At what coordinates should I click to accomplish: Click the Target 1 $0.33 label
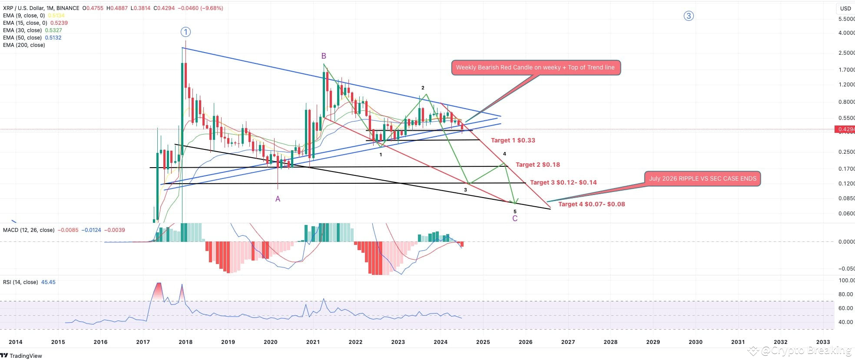point(513,140)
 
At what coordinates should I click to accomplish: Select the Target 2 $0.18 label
point(537,165)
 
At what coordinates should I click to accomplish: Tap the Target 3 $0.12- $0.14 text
point(563,182)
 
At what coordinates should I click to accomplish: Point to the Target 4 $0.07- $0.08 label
point(591,204)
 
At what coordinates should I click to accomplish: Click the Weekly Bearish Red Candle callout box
point(535,68)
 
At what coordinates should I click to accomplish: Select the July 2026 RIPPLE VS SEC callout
point(702,178)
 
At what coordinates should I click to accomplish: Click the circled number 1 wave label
point(186,32)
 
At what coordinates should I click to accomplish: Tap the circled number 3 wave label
point(689,16)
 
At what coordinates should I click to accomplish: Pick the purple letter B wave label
point(324,56)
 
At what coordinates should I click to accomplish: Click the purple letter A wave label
point(278,199)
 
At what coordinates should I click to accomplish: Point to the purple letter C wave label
point(515,218)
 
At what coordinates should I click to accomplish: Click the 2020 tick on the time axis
point(270,342)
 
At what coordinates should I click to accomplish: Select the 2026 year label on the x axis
point(525,342)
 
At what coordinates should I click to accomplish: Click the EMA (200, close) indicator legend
point(24,45)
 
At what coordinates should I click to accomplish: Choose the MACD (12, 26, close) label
point(29,230)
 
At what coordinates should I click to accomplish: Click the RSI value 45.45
point(48,282)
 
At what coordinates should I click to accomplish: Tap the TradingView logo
point(22,356)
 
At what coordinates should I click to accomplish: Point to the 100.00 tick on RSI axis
point(846,281)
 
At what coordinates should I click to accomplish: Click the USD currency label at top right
point(845,8)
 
